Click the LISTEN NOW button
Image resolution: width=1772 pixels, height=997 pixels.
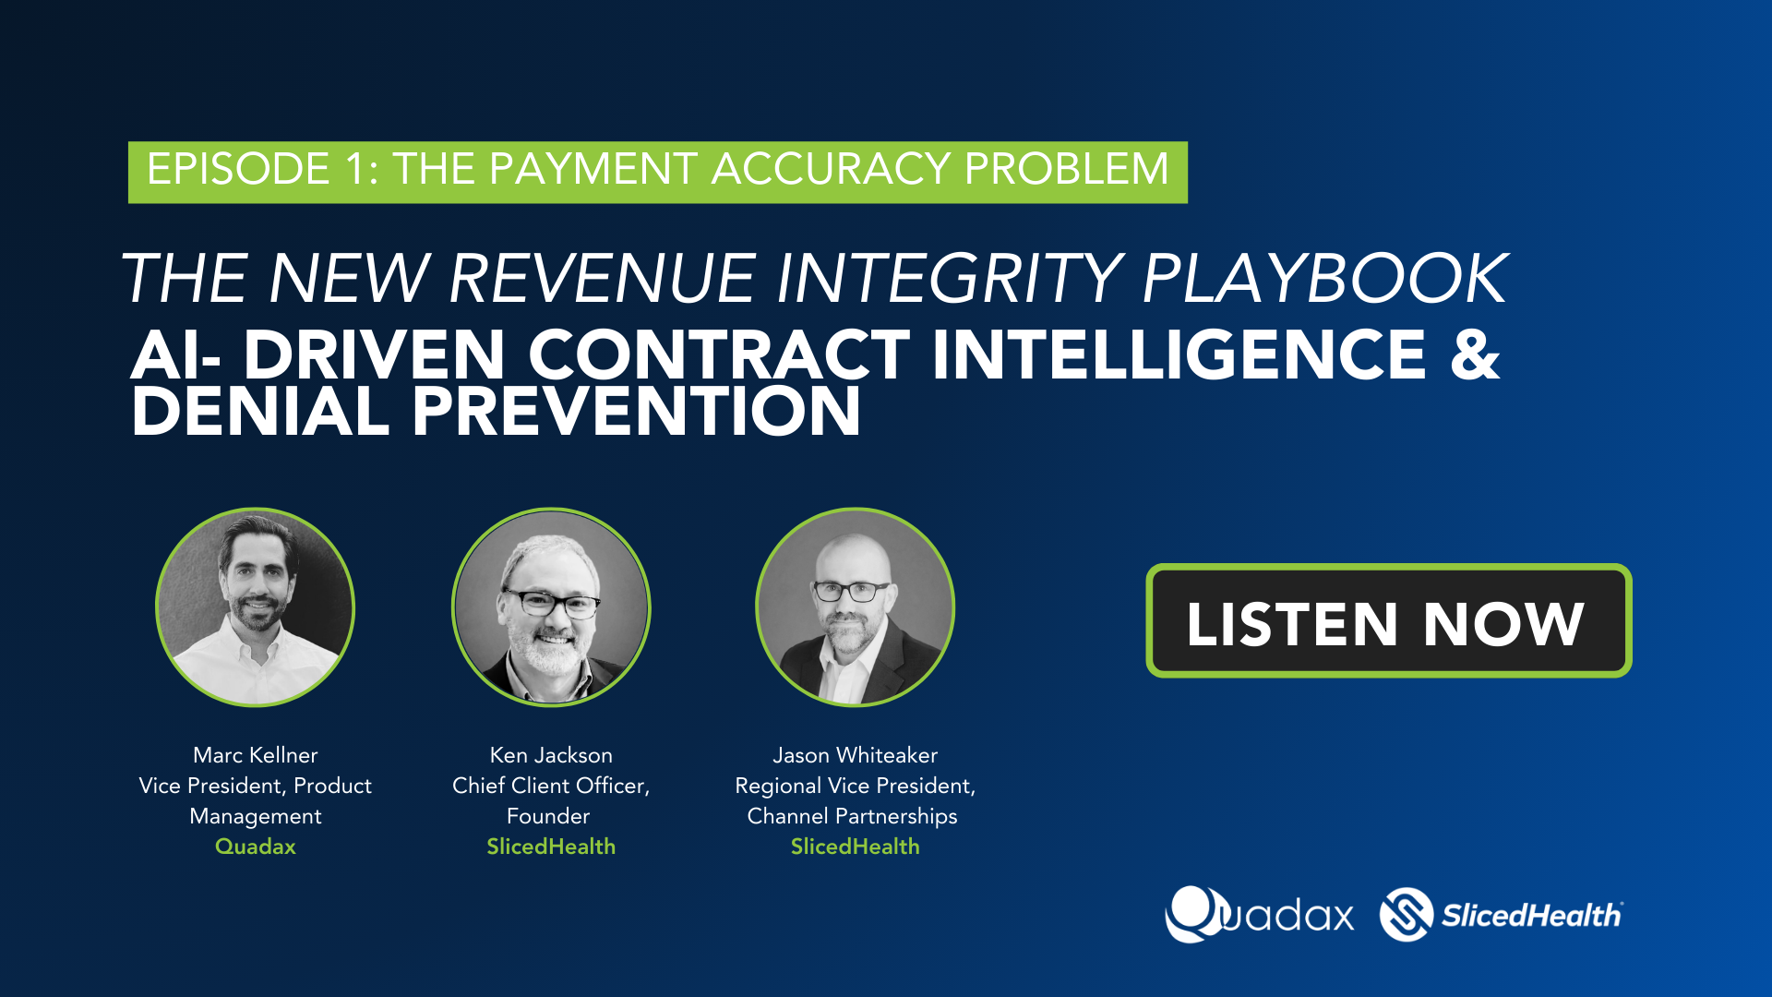click(x=1389, y=620)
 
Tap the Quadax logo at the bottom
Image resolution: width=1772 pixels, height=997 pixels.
click(x=1260, y=914)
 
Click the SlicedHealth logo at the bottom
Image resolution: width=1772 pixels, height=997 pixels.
click(x=1502, y=914)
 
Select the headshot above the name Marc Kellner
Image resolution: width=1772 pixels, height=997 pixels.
click(x=256, y=607)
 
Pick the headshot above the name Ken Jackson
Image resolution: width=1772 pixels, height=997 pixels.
click(x=551, y=607)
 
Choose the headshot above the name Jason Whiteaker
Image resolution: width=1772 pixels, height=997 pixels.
click(x=856, y=607)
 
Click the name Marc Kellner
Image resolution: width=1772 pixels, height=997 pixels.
click(x=256, y=755)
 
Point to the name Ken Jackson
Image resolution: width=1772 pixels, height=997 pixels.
click(x=551, y=755)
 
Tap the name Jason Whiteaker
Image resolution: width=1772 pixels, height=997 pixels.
click(x=856, y=755)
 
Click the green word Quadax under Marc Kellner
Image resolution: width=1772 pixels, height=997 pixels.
click(x=256, y=847)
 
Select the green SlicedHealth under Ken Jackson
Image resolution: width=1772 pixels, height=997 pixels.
click(x=551, y=847)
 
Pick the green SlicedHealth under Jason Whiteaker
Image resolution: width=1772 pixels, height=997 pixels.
click(x=856, y=847)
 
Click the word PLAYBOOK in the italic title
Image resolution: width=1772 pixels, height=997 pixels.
click(x=1325, y=278)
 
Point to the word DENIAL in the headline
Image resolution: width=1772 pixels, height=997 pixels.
click(x=260, y=411)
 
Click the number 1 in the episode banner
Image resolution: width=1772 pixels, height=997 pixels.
click(x=356, y=169)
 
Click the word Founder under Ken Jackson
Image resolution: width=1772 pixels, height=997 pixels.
click(x=548, y=816)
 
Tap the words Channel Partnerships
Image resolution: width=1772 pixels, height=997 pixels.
click(x=853, y=816)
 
